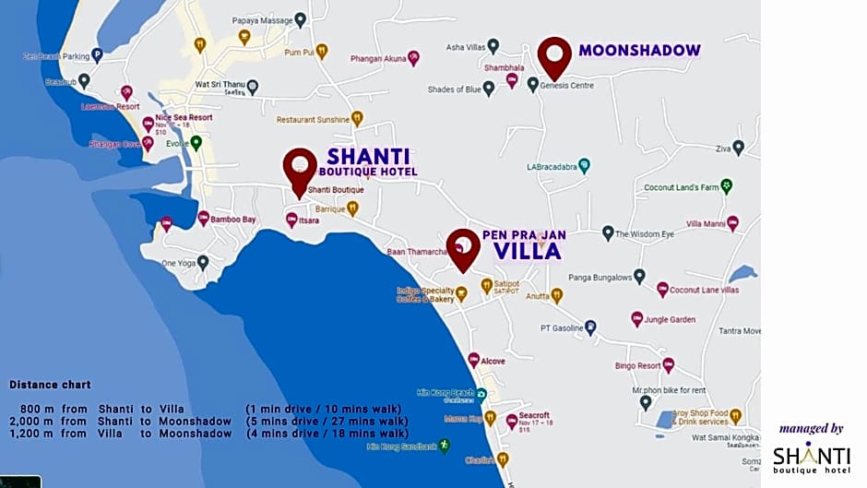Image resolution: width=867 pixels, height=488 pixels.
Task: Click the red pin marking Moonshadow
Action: coord(554,57)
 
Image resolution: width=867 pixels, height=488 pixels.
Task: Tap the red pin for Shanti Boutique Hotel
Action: coord(300,171)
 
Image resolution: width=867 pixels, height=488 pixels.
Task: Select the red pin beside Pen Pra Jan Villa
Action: coord(463,249)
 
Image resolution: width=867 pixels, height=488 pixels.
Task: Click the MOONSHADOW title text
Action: coord(639,51)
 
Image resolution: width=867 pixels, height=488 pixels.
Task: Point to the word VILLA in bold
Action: coord(527,251)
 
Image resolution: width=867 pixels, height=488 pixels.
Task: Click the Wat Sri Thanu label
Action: coord(219,86)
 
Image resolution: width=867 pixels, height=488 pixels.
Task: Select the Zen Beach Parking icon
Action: coord(97,55)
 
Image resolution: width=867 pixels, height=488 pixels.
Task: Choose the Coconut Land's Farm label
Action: coord(682,187)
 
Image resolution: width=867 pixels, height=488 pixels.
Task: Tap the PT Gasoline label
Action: coord(561,327)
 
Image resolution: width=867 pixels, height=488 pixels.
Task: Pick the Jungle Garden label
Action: coord(670,319)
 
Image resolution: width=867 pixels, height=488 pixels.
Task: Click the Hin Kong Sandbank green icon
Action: coord(445,446)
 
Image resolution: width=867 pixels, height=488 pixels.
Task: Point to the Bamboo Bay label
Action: coord(232,220)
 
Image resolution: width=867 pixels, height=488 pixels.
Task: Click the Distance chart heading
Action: coord(50,385)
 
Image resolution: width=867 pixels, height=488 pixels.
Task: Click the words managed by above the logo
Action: coord(811,428)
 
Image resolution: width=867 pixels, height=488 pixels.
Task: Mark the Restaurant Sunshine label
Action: coord(313,120)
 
